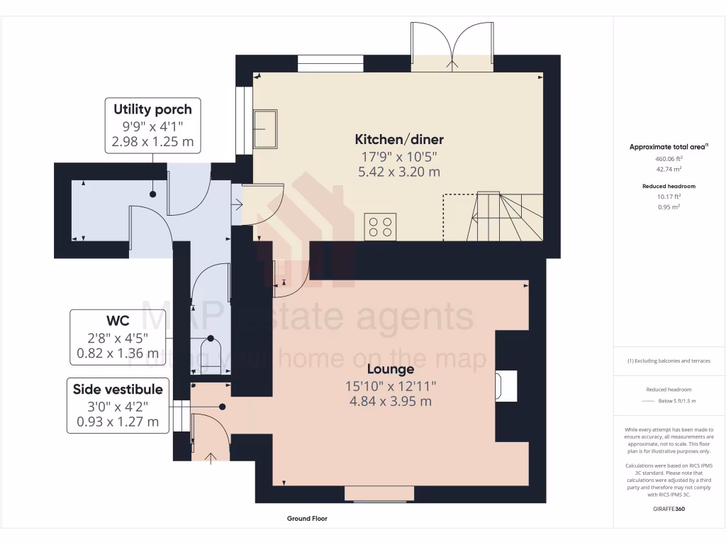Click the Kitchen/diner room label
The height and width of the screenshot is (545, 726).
pos(399,139)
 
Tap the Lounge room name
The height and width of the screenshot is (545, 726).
pos(390,369)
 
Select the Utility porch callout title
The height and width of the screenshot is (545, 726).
pos(152,109)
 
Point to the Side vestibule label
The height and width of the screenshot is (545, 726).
pos(118,389)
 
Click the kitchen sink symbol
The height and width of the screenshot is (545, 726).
pos(266,128)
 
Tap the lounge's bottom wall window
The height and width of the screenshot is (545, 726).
pos(379,493)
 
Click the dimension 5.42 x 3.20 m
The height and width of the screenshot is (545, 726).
pos(399,172)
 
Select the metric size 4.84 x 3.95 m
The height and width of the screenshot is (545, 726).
pos(390,402)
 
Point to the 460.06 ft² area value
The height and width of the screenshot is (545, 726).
pos(669,159)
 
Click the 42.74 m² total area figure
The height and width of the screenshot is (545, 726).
pos(669,170)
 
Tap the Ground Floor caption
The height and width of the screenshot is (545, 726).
pos(307,519)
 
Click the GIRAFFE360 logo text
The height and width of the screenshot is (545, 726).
pos(669,509)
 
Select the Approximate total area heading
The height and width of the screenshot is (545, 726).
pos(669,147)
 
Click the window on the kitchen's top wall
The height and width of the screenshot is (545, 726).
pos(330,64)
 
